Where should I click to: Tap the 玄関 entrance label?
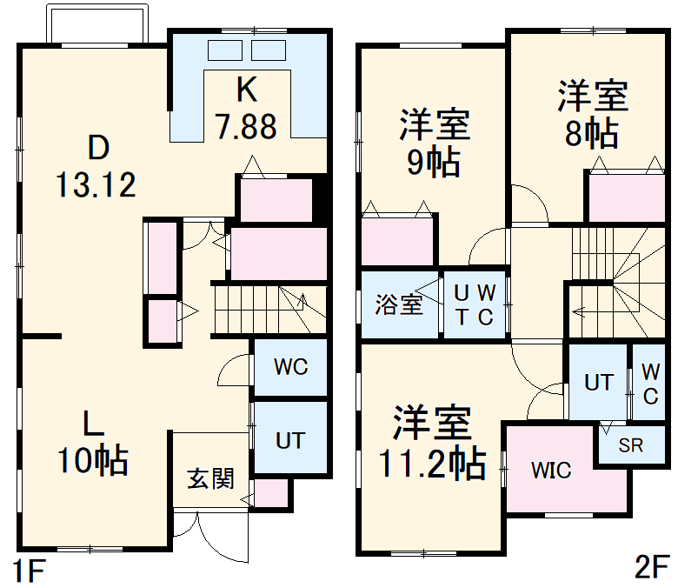click(211, 478)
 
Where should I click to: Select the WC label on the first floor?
click(290, 367)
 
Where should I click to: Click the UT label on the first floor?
click(290, 440)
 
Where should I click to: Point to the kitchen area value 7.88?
click(247, 127)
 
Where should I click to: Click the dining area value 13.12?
click(96, 184)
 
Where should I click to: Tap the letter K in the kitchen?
click(247, 90)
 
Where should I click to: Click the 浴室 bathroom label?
click(399, 304)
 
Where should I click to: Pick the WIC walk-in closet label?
click(552, 471)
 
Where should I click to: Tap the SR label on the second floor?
click(630, 445)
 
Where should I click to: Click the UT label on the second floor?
click(598, 382)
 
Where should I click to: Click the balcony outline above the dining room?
click(96, 24)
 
